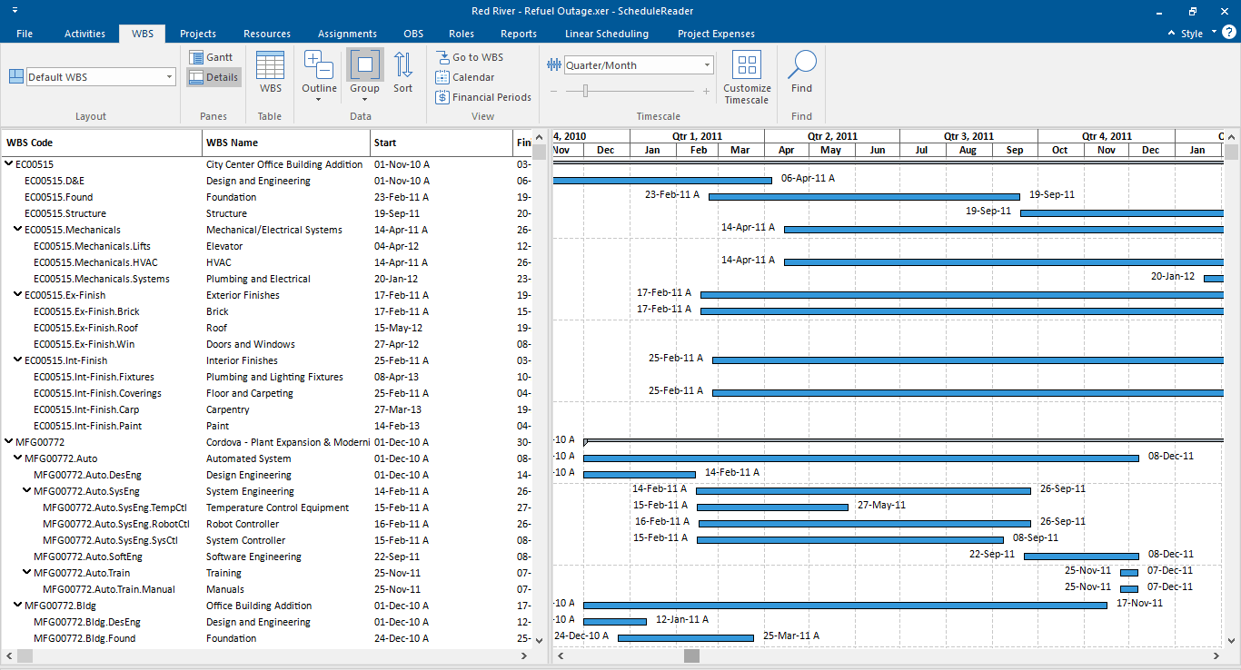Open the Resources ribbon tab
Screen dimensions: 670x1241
pos(267,34)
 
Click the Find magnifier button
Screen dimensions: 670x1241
pos(801,73)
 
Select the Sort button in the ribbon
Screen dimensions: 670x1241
pos(402,73)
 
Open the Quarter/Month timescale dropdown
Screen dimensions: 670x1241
pos(708,65)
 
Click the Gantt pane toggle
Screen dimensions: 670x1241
pos(213,57)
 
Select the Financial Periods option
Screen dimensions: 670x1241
pos(483,97)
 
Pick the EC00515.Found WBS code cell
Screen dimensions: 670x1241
pos(58,197)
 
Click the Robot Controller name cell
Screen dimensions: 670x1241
pos(243,524)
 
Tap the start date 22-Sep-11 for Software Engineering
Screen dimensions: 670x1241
pos(396,557)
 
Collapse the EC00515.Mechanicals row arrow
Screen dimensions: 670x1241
pos(18,230)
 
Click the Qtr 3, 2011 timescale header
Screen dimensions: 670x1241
pos(968,136)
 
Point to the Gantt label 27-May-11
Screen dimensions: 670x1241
pos(881,505)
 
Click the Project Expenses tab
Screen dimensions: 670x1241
pos(716,34)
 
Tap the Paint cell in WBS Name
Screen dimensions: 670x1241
pos(218,426)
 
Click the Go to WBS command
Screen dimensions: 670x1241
pos(470,57)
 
